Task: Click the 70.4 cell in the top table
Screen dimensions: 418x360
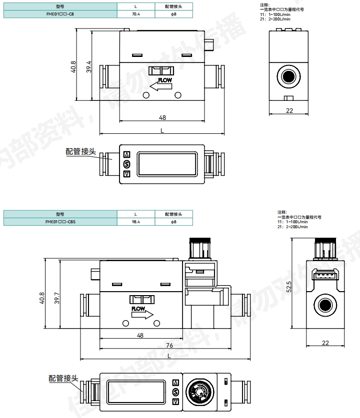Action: [136, 14]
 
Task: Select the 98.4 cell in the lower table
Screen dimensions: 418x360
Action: [136, 221]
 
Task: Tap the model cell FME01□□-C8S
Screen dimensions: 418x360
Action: [60, 221]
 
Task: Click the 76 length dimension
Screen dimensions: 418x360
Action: [169, 345]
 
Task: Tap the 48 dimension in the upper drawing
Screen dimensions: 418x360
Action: [162, 117]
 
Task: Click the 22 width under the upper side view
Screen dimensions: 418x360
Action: [289, 110]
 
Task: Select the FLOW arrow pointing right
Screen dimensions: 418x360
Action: [142, 313]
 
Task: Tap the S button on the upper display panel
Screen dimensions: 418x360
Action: [126, 164]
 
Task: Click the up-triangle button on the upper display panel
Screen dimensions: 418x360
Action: [126, 155]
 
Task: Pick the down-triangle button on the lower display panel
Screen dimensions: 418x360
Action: [175, 401]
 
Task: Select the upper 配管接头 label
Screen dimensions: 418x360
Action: [80, 151]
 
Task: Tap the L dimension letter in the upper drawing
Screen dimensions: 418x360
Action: [162, 130]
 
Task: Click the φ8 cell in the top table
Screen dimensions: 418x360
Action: [173, 14]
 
